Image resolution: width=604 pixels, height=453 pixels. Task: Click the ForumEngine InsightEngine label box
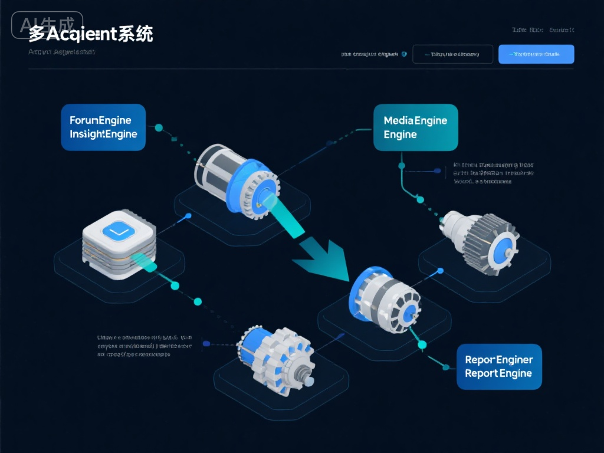(103, 127)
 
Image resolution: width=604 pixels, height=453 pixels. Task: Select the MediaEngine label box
(415, 127)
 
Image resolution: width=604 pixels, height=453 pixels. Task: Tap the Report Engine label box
(499, 366)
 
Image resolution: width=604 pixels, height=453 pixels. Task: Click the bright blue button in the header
(536, 54)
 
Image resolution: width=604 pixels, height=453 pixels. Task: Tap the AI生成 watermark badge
(47, 24)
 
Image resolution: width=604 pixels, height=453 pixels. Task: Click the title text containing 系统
(91, 34)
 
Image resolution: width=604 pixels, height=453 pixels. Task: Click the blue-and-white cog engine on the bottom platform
(276, 354)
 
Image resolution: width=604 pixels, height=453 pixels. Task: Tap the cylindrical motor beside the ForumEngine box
(236, 177)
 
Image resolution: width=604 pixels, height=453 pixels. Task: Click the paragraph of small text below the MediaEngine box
(493, 173)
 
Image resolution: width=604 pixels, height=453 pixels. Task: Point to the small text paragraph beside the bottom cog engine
(144, 346)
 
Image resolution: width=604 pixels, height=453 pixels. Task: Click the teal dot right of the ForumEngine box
(159, 127)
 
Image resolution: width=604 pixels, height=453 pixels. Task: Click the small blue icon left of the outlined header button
(403, 54)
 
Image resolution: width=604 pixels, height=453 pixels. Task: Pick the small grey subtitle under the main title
(61, 52)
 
